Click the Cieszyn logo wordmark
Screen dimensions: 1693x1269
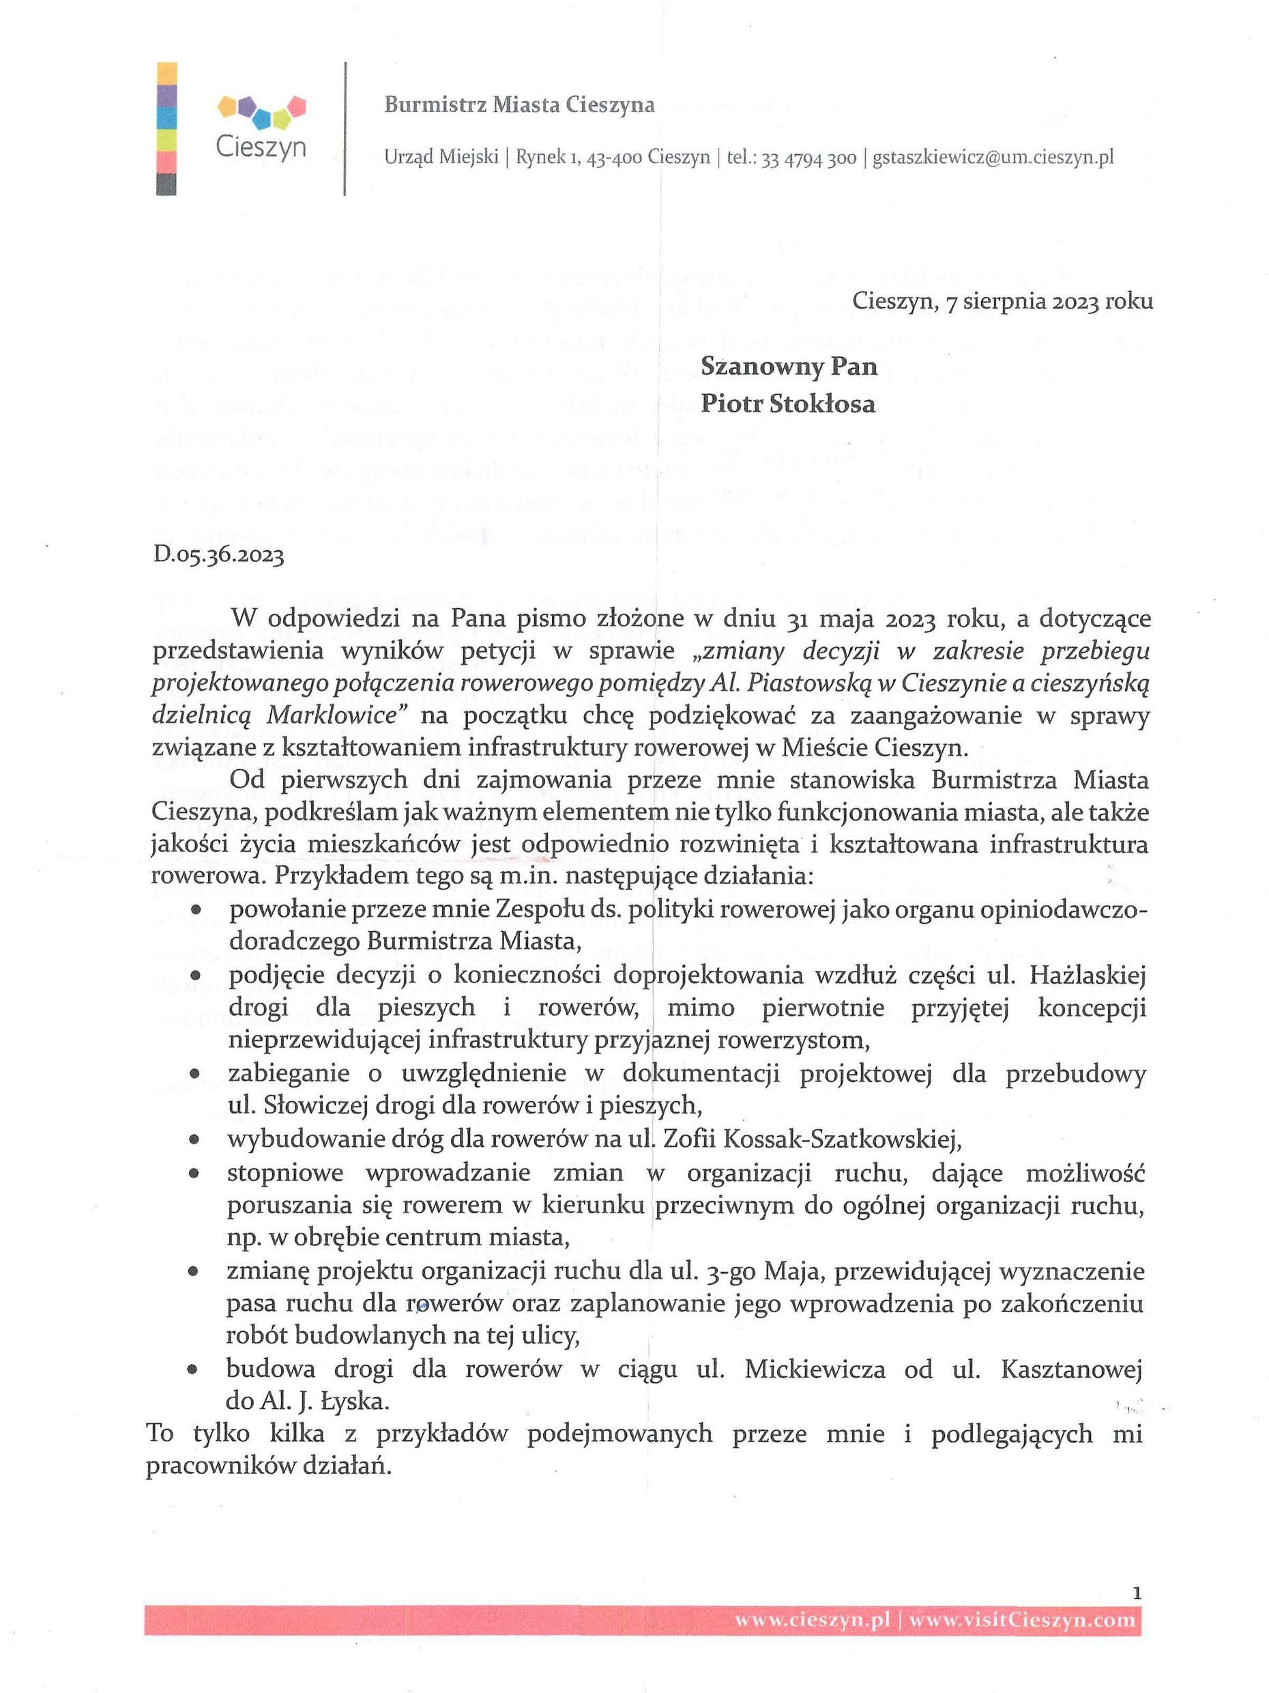pos(260,145)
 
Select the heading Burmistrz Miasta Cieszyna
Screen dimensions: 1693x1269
pos(519,105)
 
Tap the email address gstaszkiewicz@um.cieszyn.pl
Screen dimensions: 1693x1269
pos(993,158)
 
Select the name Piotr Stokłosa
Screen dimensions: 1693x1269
pos(788,403)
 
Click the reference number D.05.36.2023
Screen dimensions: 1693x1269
pos(219,554)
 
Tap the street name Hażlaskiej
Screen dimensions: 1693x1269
pos(1087,976)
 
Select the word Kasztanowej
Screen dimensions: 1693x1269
pos(1071,1369)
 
